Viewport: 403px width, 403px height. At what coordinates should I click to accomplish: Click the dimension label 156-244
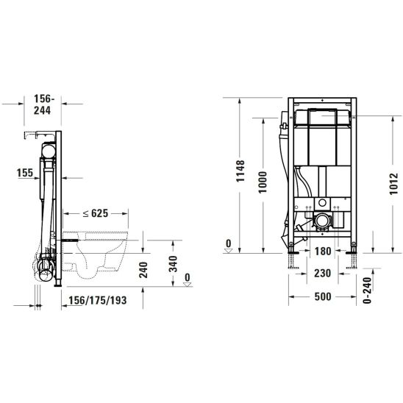click(43, 104)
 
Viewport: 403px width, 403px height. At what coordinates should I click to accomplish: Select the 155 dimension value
click(25, 173)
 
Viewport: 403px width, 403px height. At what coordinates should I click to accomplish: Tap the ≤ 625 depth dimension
click(96, 213)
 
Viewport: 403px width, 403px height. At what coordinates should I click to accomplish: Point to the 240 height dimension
click(143, 270)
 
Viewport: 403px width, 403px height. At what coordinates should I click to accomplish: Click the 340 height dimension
click(173, 264)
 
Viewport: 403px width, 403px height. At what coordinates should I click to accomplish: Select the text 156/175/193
click(98, 300)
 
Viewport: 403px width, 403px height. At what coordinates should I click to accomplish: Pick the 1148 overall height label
click(240, 171)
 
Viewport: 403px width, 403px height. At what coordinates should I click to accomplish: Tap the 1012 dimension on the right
click(393, 184)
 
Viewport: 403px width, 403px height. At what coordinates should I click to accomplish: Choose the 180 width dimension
click(323, 251)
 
